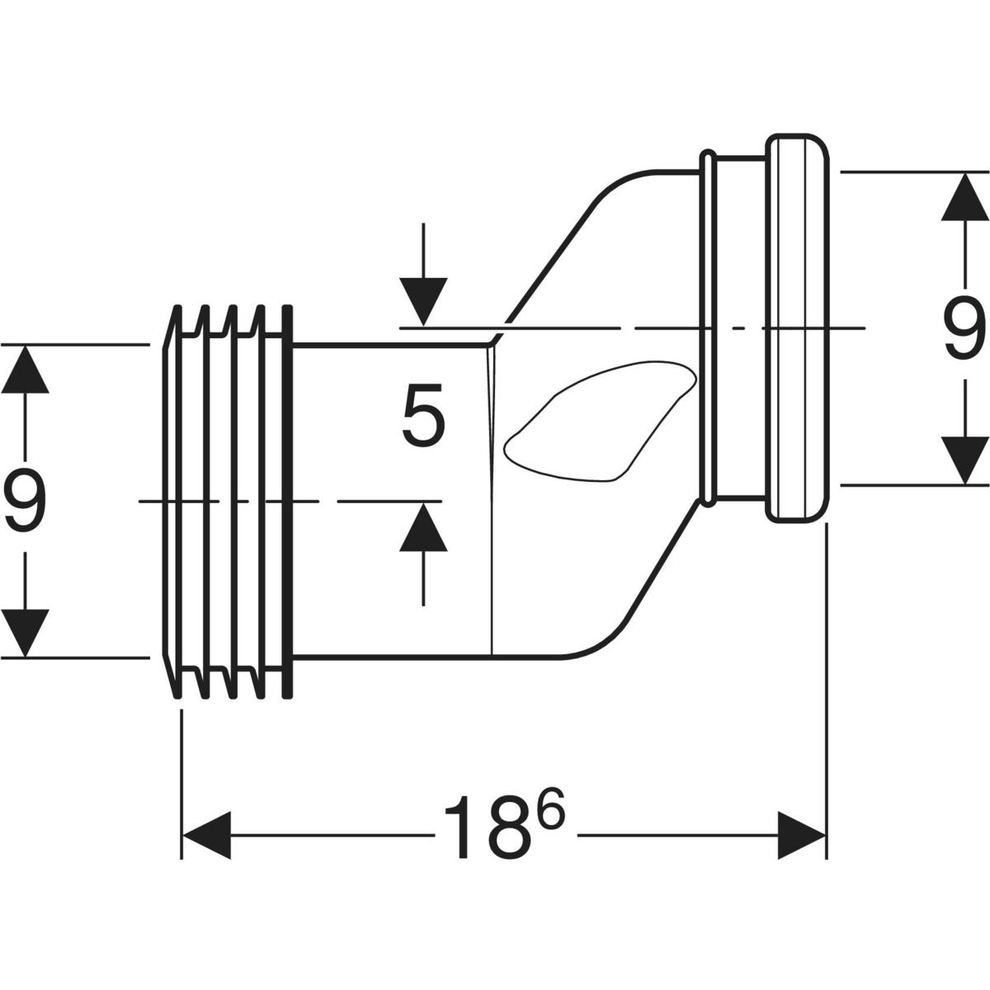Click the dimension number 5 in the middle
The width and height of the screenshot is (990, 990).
click(x=423, y=416)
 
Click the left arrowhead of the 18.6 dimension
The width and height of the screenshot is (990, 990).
click(x=206, y=835)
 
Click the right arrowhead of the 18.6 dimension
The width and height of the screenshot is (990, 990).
click(x=801, y=835)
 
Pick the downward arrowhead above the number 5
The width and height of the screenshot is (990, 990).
click(x=423, y=301)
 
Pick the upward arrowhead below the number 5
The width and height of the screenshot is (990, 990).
click(x=423, y=526)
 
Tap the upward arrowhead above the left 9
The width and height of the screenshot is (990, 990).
click(x=25, y=369)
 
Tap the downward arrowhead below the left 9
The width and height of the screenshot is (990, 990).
click(x=25, y=633)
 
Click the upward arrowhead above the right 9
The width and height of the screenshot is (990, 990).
click(x=965, y=197)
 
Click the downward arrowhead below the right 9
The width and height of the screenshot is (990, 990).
click(x=965, y=460)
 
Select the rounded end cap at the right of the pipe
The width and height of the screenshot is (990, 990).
click(x=797, y=329)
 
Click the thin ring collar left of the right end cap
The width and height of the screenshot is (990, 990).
click(x=707, y=329)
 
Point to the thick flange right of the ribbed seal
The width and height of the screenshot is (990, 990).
click(x=287, y=502)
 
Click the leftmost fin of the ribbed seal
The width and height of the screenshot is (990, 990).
click(x=172, y=502)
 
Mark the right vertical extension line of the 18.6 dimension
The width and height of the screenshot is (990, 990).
click(x=826, y=691)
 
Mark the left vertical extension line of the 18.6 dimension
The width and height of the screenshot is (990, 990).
click(x=181, y=785)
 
